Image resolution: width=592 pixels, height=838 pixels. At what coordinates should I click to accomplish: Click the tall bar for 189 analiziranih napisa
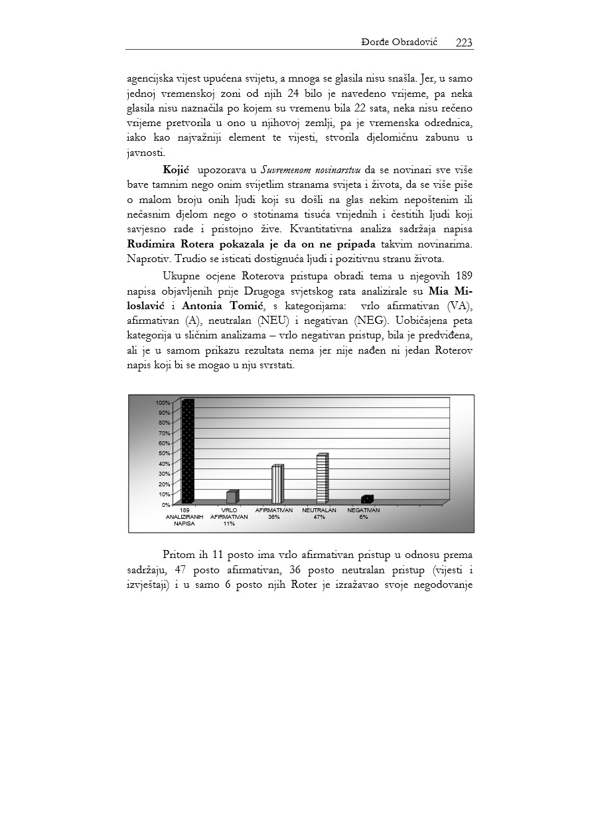188,451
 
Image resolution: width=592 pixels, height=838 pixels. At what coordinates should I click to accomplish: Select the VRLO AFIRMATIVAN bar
232,496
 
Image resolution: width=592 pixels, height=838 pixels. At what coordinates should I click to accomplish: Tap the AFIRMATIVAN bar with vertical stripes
277,484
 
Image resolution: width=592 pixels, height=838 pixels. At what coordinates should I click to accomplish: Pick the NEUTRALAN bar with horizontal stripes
322,479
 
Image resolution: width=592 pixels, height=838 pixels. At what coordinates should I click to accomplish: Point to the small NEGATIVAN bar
367,499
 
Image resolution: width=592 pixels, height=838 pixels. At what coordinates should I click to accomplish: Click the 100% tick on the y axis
163,403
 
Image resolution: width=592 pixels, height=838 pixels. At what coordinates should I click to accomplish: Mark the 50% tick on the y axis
163,453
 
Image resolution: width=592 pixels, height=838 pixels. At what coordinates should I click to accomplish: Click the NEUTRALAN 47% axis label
319,514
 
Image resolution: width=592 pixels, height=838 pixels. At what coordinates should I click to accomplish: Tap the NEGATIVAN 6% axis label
364,514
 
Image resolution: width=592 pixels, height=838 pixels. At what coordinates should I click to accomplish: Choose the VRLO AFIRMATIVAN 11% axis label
229,517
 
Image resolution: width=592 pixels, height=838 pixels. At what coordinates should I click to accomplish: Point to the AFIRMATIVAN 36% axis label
274,514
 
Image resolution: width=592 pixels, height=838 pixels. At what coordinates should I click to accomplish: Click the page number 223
464,42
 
